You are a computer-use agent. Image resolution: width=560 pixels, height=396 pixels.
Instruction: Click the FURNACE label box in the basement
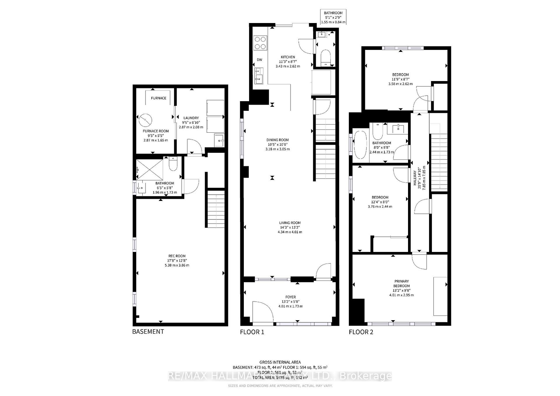[158, 98]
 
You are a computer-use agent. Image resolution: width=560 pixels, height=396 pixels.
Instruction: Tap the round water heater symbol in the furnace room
[145, 119]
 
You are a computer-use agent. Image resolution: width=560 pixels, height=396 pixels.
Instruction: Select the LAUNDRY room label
[191, 118]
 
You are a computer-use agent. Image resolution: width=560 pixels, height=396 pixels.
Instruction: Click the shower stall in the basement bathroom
[150, 170]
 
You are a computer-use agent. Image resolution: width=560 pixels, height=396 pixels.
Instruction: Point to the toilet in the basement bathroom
[173, 164]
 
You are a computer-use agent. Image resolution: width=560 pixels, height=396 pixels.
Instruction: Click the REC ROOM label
[177, 256]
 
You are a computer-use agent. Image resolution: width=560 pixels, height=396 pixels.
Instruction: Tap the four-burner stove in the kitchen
[260, 43]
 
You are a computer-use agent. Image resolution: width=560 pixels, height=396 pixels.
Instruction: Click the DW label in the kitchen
[259, 60]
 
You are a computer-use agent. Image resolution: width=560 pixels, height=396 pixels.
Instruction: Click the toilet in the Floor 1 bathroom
[325, 57]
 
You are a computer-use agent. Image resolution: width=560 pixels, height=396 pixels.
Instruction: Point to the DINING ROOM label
[277, 140]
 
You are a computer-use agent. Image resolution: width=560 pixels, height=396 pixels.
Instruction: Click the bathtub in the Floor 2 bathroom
[360, 145]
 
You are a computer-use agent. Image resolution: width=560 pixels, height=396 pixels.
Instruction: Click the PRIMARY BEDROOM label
[401, 283]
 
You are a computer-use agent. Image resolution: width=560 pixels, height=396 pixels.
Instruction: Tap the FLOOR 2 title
[361, 332]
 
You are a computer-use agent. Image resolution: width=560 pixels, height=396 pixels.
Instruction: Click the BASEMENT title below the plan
[148, 332]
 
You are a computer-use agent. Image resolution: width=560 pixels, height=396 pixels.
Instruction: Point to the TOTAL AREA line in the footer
[280, 377]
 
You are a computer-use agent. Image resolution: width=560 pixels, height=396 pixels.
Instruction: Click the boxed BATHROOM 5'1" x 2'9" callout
[333, 17]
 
